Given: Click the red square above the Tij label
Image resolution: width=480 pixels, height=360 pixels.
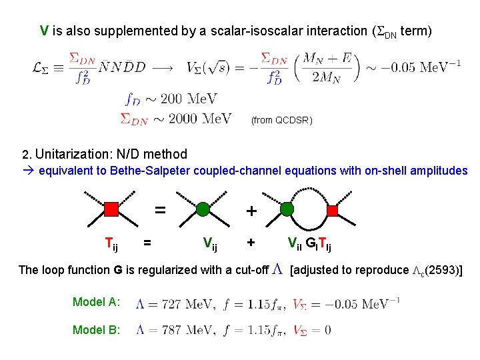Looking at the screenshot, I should pyautogui.click(x=111, y=210).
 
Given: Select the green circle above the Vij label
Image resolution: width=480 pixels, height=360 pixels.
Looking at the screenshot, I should pyautogui.click(x=203, y=210).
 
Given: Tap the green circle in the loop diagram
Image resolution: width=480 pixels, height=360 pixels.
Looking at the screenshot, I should pyautogui.click(x=287, y=210).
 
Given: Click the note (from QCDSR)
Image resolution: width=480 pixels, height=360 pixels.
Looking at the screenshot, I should pyautogui.click(x=280, y=121).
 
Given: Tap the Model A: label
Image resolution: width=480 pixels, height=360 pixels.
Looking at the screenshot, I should pyautogui.click(x=97, y=302).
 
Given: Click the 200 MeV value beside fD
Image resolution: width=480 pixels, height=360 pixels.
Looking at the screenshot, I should pyautogui.click(x=189, y=99).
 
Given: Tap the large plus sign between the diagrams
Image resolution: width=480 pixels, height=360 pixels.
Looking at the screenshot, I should pyautogui.click(x=251, y=211).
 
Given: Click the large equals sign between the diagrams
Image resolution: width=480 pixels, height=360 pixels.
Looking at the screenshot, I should pyautogui.click(x=160, y=209).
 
